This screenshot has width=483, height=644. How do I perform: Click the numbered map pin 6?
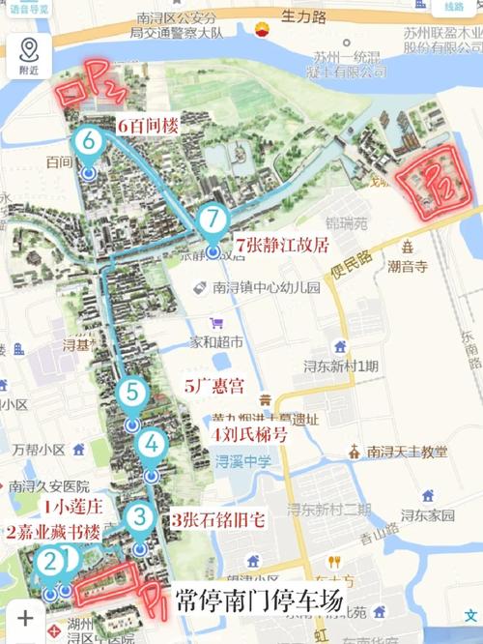point(88,143)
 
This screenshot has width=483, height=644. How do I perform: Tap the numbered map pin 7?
point(213,220)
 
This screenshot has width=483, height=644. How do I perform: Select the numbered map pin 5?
point(131,394)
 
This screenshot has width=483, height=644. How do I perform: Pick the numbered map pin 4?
point(152,444)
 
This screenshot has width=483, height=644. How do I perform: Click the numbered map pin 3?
point(141,517)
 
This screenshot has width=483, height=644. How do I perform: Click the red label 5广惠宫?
point(214,385)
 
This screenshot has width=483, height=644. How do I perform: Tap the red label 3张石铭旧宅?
point(218,519)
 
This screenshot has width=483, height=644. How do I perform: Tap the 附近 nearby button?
point(30,56)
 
